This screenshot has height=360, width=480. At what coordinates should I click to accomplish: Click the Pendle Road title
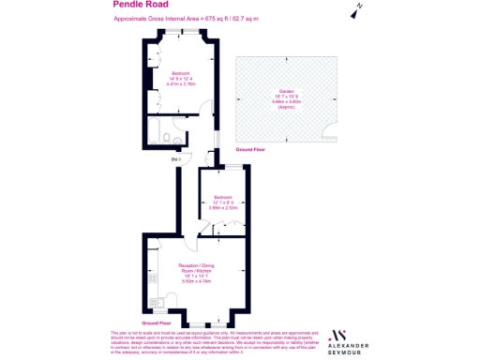pos(131,5)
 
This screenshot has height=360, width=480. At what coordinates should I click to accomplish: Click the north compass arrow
pos(356,11)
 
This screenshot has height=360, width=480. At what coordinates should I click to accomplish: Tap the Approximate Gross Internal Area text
pos(186,19)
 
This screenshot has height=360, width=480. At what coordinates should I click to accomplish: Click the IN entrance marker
pos(175,160)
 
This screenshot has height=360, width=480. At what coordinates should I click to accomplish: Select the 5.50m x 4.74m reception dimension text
pos(191,281)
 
